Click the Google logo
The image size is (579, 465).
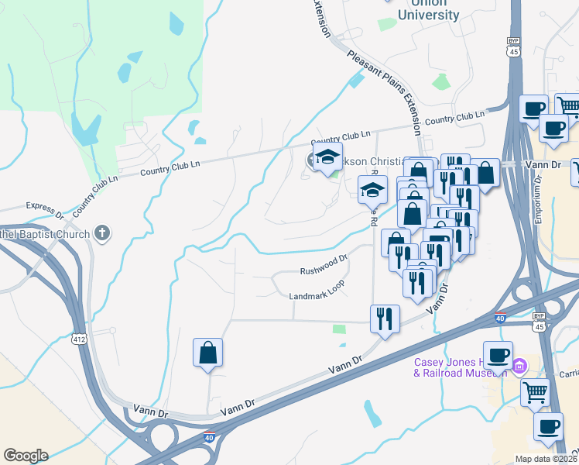coord(26,456)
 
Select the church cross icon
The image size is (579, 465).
coord(101,232)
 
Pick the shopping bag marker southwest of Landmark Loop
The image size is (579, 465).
coord(208,353)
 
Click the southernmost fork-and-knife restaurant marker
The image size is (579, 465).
coord(384,318)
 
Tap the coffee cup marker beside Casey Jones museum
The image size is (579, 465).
coord(498,356)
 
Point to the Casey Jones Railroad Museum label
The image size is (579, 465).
coord(460,367)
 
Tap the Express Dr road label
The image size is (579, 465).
coord(43,207)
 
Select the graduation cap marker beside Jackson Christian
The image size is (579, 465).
coord(328,158)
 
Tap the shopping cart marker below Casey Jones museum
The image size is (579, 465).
coord(535,394)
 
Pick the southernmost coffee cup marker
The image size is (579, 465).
coord(548,426)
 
